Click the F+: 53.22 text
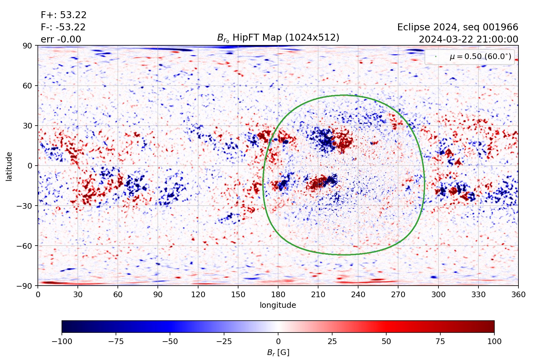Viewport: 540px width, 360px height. [63, 15]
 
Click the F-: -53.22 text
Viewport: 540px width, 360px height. [63, 27]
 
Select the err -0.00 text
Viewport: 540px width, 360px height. [61, 39]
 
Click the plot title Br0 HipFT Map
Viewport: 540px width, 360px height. [278, 38]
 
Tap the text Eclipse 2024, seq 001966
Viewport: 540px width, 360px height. [457, 27]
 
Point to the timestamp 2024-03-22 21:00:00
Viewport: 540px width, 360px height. [468, 39]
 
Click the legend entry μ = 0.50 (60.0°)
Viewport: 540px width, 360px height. [480, 57]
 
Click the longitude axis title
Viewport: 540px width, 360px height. [278, 305]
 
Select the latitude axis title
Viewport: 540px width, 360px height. [9, 166]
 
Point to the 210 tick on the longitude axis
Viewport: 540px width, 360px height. [318, 295]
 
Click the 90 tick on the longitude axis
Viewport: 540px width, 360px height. [158, 295]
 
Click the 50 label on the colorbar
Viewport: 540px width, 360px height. [386, 341]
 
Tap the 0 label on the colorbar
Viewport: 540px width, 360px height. [278, 341]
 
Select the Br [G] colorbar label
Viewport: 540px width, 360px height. [278, 352]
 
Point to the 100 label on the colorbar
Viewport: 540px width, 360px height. [494, 341]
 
